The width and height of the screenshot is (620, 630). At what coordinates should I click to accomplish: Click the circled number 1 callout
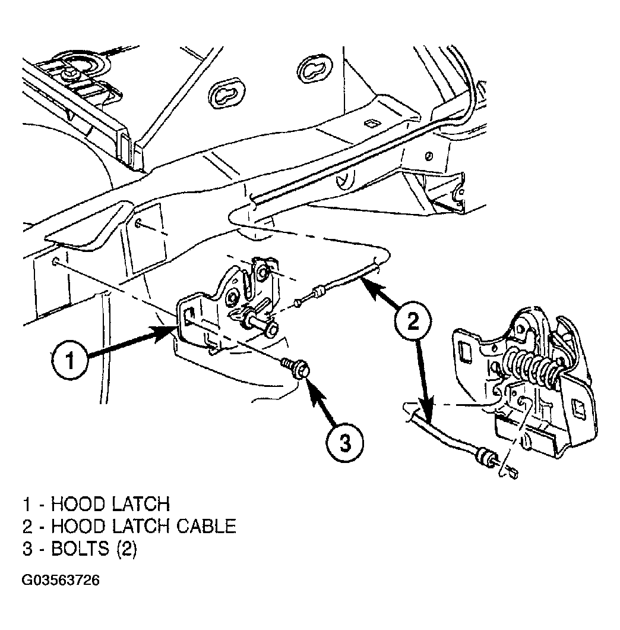[x=70, y=359]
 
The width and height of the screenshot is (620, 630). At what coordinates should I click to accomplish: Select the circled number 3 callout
[x=345, y=443]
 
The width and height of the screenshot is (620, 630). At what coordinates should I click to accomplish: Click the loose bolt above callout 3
[x=296, y=368]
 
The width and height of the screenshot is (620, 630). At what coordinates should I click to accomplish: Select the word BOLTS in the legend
[x=80, y=549]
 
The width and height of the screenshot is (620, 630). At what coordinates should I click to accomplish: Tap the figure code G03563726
[x=61, y=580]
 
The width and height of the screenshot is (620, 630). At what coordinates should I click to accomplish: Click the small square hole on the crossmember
[x=371, y=124]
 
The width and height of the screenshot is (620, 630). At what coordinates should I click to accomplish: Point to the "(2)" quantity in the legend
[x=127, y=549]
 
